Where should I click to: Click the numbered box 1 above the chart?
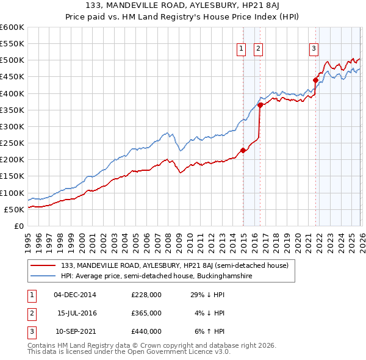click(x=241, y=49)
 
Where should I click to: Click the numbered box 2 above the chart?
click(x=258, y=49)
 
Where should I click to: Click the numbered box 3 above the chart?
click(x=314, y=49)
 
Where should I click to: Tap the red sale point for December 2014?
click(x=243, y=150)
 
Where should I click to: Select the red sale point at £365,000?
click(x=260, y=105)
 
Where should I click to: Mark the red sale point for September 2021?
click(x=316, y=80)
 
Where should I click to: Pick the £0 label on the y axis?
click(x=20, y=226)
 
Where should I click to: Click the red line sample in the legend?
click(x=43, y=265)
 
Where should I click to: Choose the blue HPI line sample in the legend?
click(x=43, y=276)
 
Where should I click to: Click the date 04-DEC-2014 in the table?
click(x=75, y=295)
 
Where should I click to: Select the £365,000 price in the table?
click(x=146, y=313)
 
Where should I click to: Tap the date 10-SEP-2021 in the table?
click(x=75, y=331)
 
